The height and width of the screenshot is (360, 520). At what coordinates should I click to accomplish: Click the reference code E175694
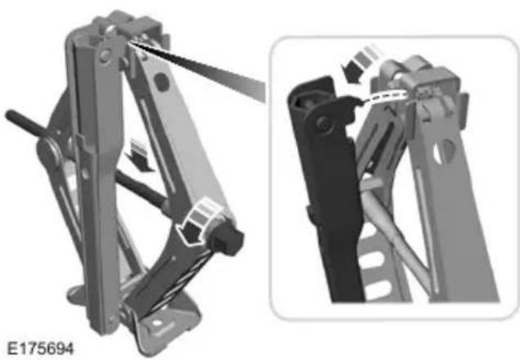40,349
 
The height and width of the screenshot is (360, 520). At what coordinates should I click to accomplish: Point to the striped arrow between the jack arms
140,155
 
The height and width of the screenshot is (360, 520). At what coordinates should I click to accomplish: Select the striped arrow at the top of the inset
360,64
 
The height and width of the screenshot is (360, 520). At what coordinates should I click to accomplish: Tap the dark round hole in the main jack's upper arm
162,82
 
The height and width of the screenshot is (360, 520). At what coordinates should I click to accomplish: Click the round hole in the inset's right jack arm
444,151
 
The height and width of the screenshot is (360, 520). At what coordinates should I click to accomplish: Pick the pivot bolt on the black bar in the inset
323,123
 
